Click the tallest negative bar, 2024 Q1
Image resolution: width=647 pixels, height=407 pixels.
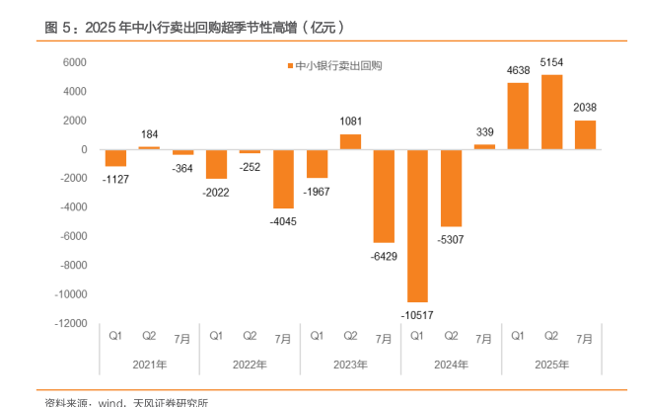pos(416,225)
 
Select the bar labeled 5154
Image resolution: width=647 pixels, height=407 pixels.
pos(551,112)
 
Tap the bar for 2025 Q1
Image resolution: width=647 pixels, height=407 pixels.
pos(518,116)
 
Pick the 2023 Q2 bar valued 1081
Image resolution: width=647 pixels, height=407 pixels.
pos(350,141)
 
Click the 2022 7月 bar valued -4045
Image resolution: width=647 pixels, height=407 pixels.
pos(283,179)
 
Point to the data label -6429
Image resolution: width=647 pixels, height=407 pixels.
pos(384,256)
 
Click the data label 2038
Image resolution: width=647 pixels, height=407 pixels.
pos(585,107)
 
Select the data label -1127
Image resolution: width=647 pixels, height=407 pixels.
pos(115,179)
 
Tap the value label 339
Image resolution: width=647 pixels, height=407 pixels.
pos(484,131)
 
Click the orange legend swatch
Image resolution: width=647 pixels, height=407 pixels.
pos(289,66)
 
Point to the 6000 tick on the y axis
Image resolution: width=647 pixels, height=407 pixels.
pos(76,62)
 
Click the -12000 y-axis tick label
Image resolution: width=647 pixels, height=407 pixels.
pos(71,323)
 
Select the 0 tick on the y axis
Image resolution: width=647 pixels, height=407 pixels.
pos(85,149)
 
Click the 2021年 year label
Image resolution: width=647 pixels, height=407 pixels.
pos(148,365)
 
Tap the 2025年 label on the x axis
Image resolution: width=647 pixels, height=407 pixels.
pos(551,365)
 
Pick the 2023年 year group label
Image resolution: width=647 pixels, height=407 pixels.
pos(350,365)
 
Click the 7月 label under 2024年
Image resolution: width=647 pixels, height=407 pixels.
pos(484,338)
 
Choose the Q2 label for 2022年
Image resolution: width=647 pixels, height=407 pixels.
pos(250,337)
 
